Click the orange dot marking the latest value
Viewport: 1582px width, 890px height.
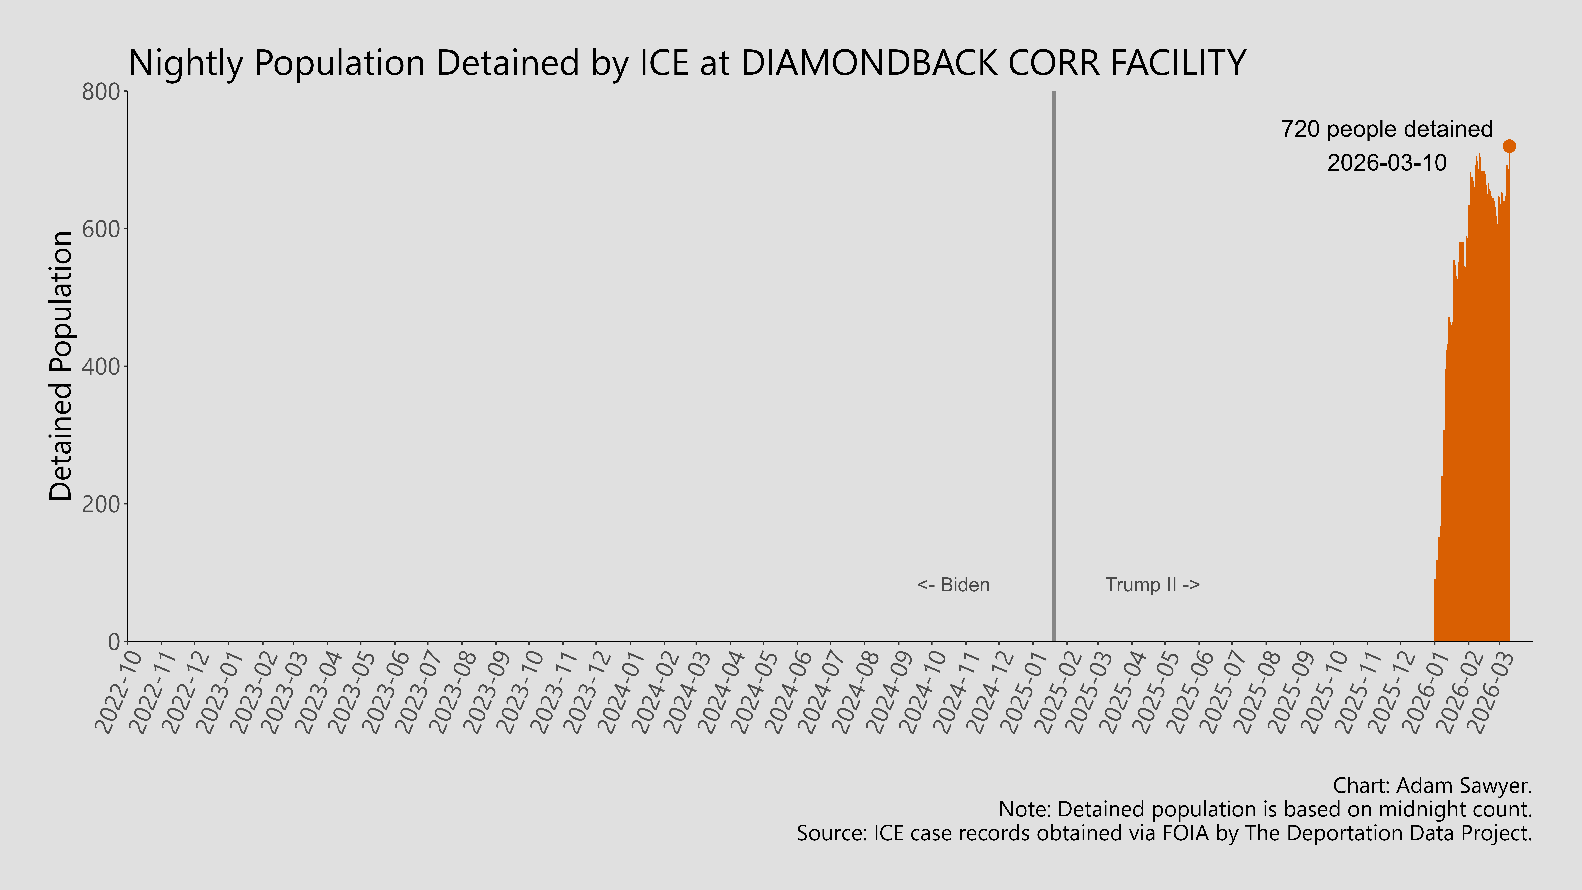[x=1509, y=146]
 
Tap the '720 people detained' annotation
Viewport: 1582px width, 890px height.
[x=1387, y=130]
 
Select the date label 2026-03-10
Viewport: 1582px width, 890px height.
[x=1387, y=163]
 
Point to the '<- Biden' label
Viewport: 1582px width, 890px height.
[x=953, y=585]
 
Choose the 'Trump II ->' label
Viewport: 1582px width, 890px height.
[x=1152, y=585]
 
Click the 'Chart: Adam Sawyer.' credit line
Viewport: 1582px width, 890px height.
[x=1432, y=786]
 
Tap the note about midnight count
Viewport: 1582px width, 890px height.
[x=1265, y=810]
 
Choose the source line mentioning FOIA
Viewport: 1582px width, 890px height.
[x=1164, y=833]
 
